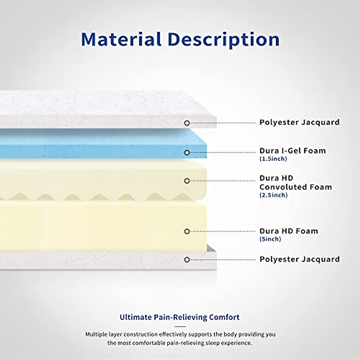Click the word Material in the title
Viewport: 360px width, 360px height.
pyautogui.click(x=121, y=40)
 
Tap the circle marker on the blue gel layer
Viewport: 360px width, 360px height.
pyautogui.click(x=187, y=153)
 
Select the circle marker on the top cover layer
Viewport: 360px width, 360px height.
pyautogui.click(x=187, y=123)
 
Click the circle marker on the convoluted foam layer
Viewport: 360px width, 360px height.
pyautogui.click(x=187, y=181)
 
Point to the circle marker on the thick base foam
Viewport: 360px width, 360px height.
pyautogui.click(x=187, y=231)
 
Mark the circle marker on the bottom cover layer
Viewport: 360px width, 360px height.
pyautogui.click(x=187, y=260)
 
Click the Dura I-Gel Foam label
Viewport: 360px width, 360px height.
pyautogui.click(x=292, y=151)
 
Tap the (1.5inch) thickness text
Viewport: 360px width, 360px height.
pyautogui.click(x=273, y=159)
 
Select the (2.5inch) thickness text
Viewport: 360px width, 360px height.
pyautogui.click(x=273, y=195)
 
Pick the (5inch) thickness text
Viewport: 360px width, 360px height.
pyautogui.click(x=270, y=239)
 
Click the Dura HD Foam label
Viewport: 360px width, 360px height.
pyautogui.click(x=289, y=231)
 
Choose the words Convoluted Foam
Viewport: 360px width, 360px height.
pyautogui.click(x=295, y=187)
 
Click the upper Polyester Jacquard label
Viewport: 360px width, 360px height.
pyautogui.click(x=299, y=122)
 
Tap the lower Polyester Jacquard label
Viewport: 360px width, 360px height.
pyautogui.click(x=299, y=259)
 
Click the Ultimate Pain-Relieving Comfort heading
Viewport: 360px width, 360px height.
pyautogui.click(x=179, y=317)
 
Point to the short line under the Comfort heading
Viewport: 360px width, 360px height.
pyautogui.click(x=180, y=326)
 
